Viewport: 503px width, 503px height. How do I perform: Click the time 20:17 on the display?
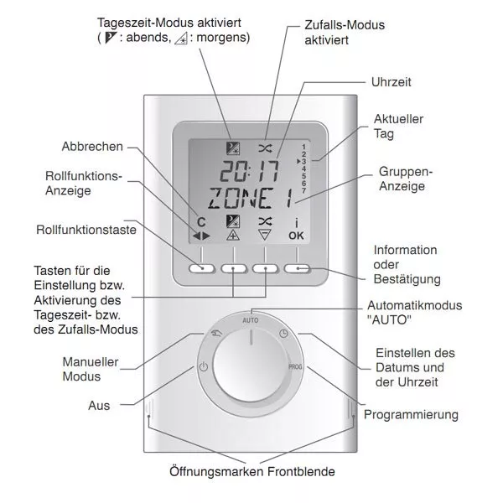(x=249, y=172)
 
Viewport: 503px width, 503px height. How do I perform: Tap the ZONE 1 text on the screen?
(x=251, y=199)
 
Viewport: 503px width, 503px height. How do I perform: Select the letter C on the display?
(x=201, y=222)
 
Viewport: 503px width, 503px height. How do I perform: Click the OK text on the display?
(x=296, y=236)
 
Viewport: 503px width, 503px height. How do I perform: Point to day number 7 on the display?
(x=303, y=191)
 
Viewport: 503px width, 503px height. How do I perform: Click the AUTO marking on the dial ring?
(x=250, y=320)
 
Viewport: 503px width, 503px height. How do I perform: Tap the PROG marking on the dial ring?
(x=295, y=366)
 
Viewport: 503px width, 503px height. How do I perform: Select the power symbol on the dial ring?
(x=204, y=366)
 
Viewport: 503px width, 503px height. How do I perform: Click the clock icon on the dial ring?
(x=283, y=334)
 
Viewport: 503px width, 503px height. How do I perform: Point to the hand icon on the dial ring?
(x=216, y=334)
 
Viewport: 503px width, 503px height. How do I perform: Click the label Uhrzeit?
(x=391, y=82)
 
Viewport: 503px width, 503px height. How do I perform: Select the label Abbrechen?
(x=92, y=147)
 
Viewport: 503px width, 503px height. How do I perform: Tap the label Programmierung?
(x=411, y=415)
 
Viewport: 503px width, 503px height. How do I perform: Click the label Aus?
(x=99, y=406)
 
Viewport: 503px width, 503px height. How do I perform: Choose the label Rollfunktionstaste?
(x=86, y=230)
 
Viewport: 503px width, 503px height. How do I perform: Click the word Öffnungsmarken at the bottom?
(x=217, y=471)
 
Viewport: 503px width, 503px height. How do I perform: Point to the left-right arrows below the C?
(x=201, y=236)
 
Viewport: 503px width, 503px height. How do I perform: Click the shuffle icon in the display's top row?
(x=265, y=148)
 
